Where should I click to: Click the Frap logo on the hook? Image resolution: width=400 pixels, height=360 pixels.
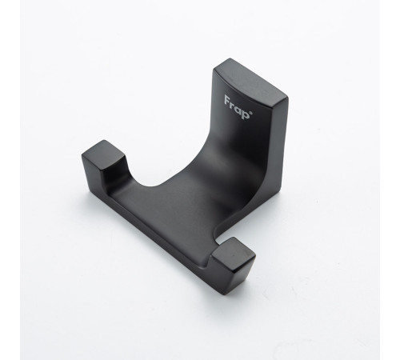point(238,107)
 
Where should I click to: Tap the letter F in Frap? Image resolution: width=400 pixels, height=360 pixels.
point(227,100)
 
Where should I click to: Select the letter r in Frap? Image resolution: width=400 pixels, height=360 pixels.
point(233,105)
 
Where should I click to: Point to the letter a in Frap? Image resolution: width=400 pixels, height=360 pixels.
point(238,109)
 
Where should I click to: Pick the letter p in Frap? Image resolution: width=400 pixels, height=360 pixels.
point(246,114)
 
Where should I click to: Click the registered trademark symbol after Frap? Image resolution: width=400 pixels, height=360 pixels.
point(251,113)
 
